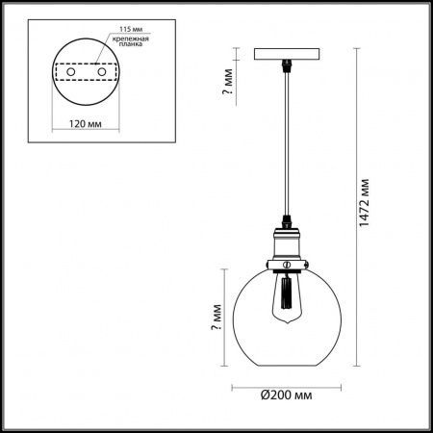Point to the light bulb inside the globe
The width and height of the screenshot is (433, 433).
(285, 298)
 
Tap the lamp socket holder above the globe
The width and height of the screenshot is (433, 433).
(285, 249)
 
